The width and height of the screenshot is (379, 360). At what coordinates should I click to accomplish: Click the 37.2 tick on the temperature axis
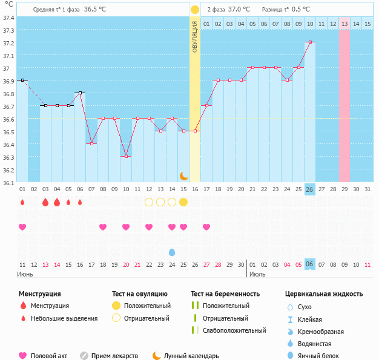pos(9,43)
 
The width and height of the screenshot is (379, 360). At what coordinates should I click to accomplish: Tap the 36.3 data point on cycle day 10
pos(126,157)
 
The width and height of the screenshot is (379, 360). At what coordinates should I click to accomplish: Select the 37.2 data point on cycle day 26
pos(310,42)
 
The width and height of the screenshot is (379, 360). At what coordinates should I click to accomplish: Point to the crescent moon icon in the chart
pos(183,176)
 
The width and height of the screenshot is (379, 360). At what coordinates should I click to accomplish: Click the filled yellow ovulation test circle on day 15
pos(183,202)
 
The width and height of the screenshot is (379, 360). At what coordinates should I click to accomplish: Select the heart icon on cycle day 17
pos(206,227)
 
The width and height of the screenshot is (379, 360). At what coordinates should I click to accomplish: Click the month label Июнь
pos(26,274)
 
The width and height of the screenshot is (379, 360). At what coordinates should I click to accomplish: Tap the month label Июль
pos(257,274)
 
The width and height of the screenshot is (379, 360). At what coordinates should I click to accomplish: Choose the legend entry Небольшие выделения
pos(64,318)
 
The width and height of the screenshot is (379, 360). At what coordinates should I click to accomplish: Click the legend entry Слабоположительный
pos(233,330)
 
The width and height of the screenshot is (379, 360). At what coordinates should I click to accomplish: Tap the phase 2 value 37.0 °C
pos(239,10)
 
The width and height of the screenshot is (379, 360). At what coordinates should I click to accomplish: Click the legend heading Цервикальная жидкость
pos(324,294)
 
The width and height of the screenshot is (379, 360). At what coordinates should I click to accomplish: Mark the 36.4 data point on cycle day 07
pos(91,144)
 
